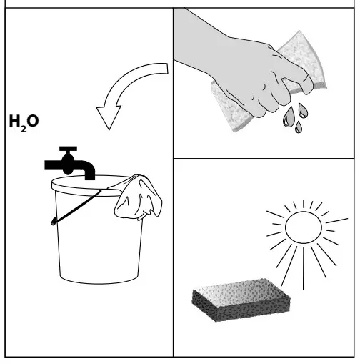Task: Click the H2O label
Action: (24, 122)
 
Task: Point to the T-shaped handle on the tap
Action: (69, 150)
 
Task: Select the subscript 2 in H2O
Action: (21, 125)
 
